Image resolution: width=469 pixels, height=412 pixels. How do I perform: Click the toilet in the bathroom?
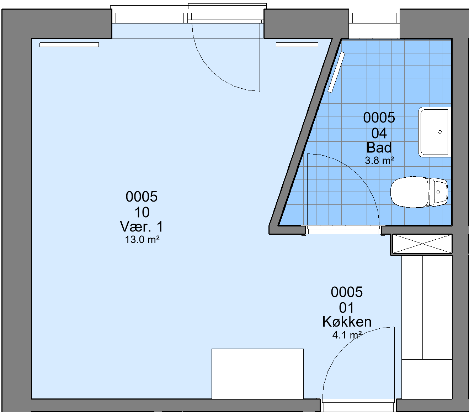tap(419, 192)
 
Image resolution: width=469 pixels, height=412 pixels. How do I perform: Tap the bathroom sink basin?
tap(435, 132)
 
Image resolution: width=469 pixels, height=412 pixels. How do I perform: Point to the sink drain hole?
tap(440, 132)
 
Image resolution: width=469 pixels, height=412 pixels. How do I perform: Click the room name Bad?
tap(379, 147)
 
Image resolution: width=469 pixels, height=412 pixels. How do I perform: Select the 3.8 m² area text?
tap(379, 161)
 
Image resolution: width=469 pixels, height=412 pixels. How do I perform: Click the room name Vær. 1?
tap(142, 226)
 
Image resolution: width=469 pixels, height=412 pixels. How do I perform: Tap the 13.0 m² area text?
tap(142, 240)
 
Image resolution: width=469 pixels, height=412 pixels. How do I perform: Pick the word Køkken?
tap(347, 322)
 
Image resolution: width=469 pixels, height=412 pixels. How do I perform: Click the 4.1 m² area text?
tap(347, 335)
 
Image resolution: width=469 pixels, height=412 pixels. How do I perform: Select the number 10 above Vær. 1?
tap(142, 212)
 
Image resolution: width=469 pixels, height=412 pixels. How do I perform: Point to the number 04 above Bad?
tap(379, 133)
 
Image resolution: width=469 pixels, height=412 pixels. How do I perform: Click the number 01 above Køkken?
tap(347, 308)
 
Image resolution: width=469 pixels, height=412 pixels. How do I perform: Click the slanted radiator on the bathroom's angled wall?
tap(336, 72)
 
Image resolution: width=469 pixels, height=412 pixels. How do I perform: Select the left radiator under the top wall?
tap(69, 45)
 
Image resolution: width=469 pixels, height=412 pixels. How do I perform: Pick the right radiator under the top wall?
tap(297, 45)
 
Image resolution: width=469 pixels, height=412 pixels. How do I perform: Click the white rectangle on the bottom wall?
tap(257, 374)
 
